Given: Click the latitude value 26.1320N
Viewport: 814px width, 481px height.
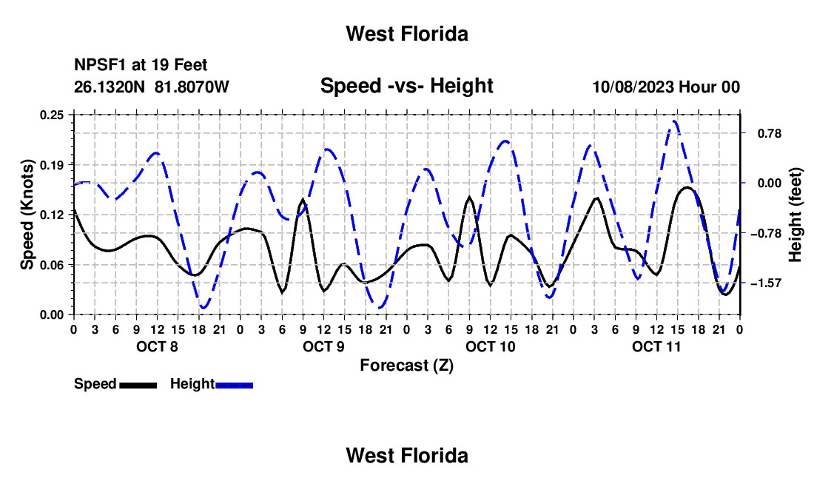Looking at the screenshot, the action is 110,87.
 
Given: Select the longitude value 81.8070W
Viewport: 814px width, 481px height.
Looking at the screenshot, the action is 192,87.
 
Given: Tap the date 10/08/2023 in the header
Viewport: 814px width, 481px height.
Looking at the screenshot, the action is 633,87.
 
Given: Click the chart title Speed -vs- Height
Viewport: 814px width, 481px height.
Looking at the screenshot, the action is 406,86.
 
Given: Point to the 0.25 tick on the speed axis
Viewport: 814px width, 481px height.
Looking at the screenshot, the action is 52,115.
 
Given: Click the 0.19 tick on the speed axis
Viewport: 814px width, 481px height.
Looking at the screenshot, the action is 52,165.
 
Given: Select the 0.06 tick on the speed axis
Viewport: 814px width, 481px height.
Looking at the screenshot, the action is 52,265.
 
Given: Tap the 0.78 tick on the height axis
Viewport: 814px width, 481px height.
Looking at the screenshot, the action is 770,134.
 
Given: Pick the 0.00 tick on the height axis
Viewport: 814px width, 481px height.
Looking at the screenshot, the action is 770,184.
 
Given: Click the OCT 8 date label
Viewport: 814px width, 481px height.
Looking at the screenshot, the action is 158,346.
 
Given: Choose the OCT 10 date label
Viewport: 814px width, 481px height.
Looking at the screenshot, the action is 491,346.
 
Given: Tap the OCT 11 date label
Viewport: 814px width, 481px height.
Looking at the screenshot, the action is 656,346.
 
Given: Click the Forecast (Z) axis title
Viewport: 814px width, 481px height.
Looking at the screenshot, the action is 406,366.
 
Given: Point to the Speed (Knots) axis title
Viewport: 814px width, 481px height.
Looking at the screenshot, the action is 27,215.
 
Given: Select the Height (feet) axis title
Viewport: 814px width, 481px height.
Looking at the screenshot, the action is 795,215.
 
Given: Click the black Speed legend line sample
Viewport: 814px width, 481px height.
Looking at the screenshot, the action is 138,385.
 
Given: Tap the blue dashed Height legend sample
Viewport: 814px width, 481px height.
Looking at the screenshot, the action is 234,385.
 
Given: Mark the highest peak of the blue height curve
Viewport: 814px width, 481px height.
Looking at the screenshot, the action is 674,122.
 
